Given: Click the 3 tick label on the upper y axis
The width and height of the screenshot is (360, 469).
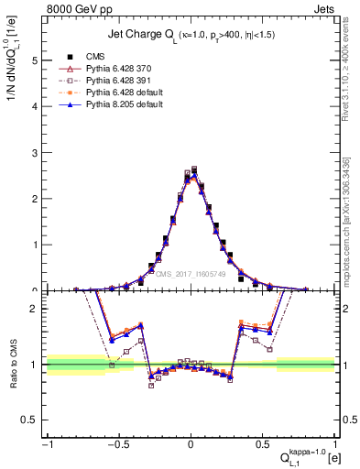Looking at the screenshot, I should click(x=37, y=153).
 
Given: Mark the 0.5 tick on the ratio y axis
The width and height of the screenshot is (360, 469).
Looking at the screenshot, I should click(x=33, y=420).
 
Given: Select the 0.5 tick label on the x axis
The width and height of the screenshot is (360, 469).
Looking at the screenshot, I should click(x=262, y=444).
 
